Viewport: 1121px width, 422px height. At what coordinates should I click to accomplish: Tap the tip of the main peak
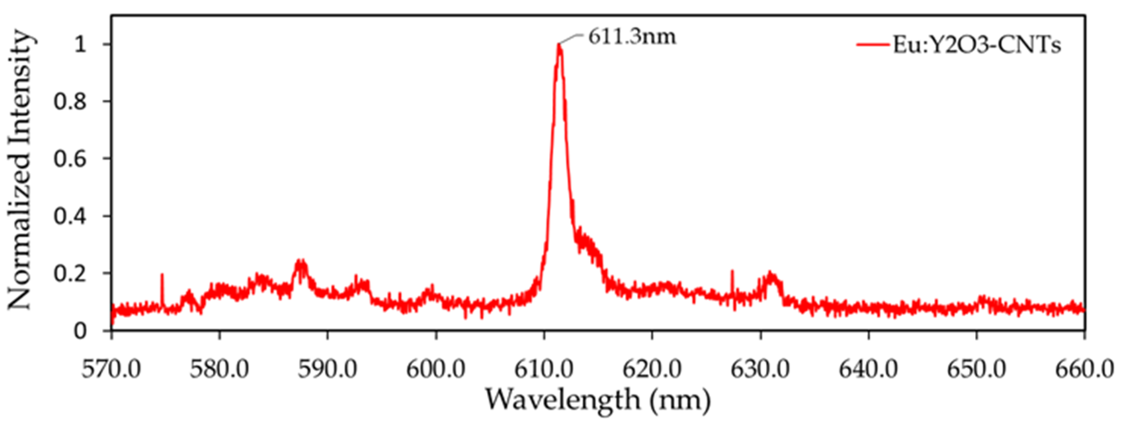(x=559, y=45)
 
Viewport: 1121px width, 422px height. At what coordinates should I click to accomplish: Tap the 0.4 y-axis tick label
(x=70, y=216)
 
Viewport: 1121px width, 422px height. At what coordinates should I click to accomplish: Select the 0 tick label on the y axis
(x=81, y=331)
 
